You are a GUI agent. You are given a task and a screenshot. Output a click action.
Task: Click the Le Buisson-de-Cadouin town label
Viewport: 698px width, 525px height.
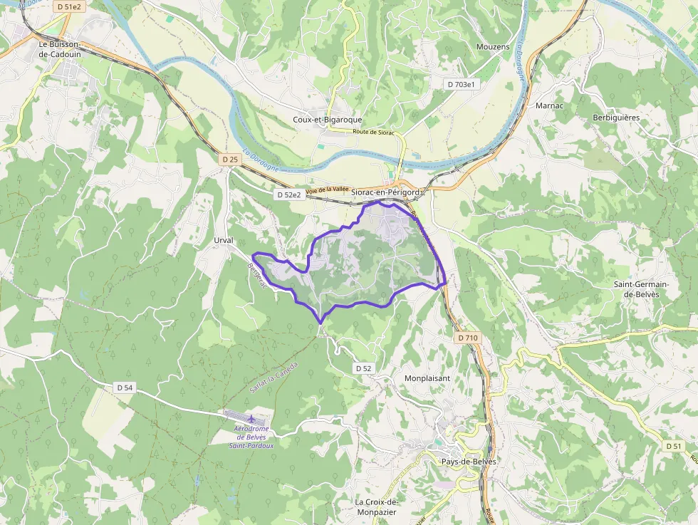[x=63, y=48]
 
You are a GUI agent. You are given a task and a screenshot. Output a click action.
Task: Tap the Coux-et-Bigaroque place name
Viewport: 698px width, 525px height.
[x=328, y=120]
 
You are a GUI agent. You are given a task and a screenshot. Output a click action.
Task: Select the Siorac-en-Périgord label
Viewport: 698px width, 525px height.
[x=387, y=192]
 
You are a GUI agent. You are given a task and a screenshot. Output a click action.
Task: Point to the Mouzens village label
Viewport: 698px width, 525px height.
[x=493, y=47]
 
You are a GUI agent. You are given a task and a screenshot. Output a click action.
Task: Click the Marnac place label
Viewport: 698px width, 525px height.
[x=549, y=105]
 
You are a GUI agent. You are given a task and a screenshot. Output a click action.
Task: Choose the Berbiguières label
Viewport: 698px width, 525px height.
[x=616, y=118]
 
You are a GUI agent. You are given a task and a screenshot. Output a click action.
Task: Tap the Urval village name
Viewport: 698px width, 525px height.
[x=224, y=241]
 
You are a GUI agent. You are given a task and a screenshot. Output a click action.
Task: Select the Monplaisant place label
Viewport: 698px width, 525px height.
[x=427, y=378]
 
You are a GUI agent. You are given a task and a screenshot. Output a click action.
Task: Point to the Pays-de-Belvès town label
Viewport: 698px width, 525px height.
[x=469, y=461]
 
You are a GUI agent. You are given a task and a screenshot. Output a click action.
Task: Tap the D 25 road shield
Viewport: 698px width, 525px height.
[x=229, y=160]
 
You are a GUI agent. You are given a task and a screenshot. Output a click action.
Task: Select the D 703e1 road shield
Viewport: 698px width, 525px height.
[x=461, y=84]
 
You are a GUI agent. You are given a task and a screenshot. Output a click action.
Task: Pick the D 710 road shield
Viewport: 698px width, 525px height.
[x=467, y=337]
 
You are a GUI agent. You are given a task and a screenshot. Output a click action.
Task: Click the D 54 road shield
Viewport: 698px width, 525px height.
[x=124, y=388]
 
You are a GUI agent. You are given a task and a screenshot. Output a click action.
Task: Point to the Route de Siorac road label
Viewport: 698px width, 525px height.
[x=374, y=132]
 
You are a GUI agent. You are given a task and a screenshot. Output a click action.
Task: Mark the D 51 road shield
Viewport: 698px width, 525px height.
[x=673, y=446]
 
